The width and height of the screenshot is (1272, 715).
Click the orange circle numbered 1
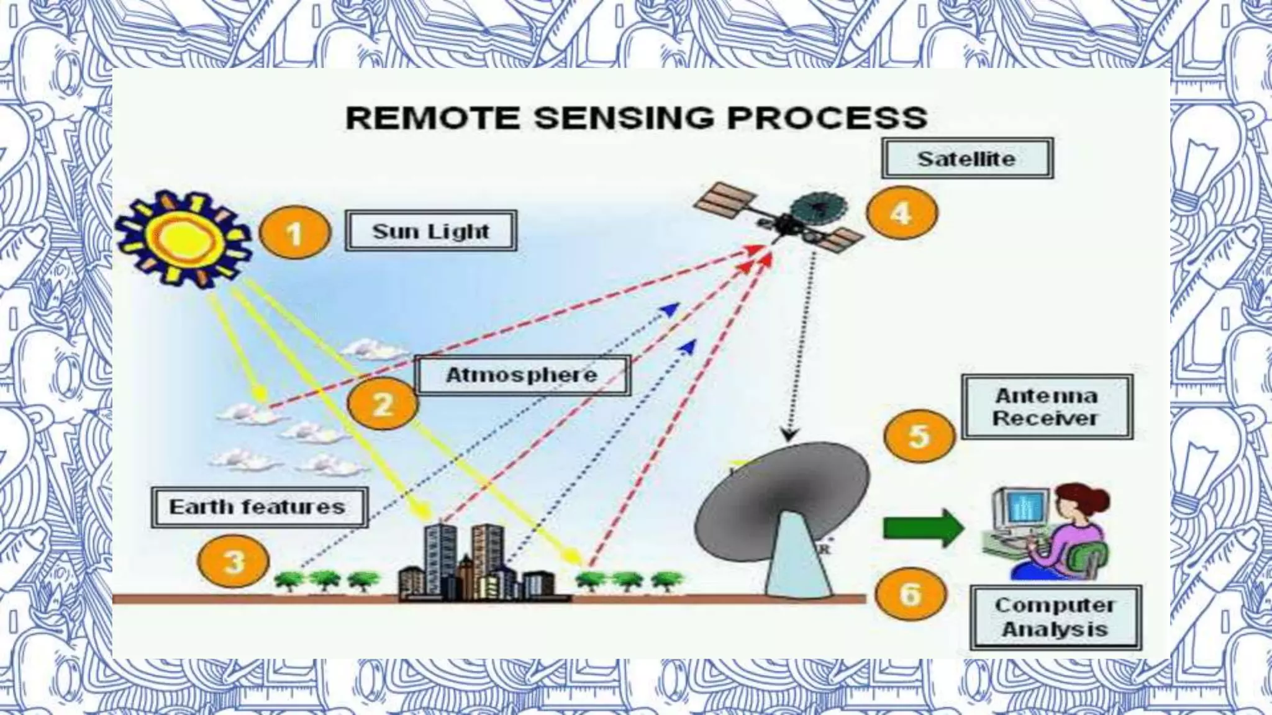point(294,233)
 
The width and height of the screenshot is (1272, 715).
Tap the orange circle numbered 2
point(383,405)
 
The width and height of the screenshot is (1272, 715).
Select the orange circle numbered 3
point(234,562)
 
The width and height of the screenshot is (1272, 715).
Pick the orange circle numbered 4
point(901,213)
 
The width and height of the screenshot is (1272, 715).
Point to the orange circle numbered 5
point(919,435)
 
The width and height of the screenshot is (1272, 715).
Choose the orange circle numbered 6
point(911,594)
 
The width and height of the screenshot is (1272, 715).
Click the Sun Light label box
point(431,232)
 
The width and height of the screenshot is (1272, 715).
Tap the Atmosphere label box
point(522,375)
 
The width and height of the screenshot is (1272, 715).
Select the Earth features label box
point(258,507)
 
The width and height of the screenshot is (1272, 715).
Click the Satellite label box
point(966,159)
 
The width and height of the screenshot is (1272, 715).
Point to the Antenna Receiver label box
point(1047,407)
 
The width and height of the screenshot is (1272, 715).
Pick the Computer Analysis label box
point(1055,618)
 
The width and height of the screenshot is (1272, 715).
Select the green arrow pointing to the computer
point(922,528)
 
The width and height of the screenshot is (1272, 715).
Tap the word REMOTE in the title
point(432,118)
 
